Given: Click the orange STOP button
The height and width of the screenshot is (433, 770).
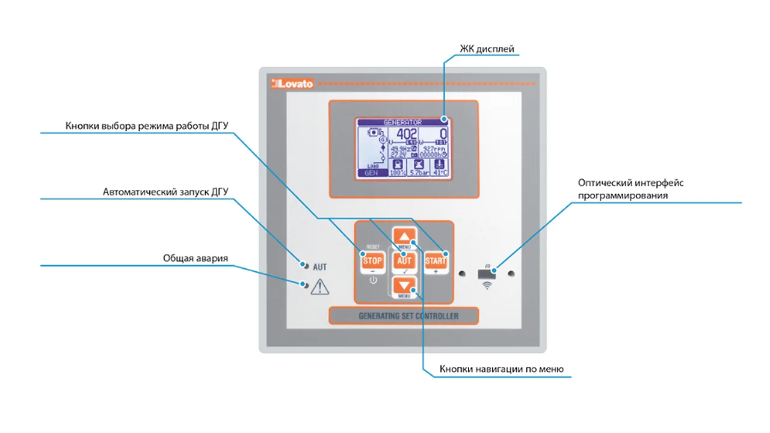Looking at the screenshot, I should click(x=373, y=261).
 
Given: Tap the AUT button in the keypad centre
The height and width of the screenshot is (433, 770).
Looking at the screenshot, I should click(x=404, y=261).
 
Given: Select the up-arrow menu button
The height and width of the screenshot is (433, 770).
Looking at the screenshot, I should click(x=404, y=236).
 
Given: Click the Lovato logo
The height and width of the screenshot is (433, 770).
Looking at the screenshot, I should click(x=292, y=84).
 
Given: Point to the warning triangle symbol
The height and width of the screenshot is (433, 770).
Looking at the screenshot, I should click(x=320, y=287).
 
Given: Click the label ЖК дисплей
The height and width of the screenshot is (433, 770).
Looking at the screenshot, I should click(x=487, y=49).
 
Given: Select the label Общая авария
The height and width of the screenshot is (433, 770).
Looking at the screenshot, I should click(x=196, y=258).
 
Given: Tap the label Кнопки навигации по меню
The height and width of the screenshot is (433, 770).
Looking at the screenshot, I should click(x=501, y=369).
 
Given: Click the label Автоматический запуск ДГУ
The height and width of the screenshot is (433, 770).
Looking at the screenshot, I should click(x=165, y=192).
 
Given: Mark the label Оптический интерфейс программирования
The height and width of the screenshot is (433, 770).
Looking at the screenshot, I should click(x=630, y=189).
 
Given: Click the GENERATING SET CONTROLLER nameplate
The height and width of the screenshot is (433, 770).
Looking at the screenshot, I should click(x=404, y=316).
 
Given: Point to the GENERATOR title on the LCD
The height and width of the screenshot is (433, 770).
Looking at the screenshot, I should click(x=402, y=122).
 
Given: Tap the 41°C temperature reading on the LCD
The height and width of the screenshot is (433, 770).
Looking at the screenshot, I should click(x=440, y=173).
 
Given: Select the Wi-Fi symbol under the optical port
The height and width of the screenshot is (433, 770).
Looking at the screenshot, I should click(x=486, y=286).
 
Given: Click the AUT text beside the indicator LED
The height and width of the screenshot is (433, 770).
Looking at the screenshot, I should click(x=319, y=266).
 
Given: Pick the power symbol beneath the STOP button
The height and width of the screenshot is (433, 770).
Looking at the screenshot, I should click(x=373, y=280).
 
